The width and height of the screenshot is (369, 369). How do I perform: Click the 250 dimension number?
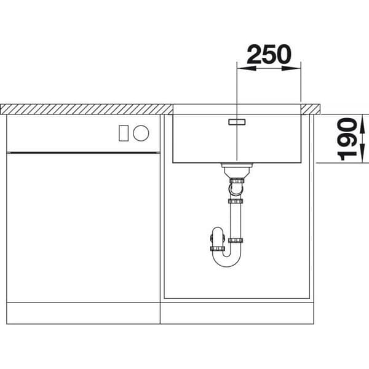[x=269, y=54]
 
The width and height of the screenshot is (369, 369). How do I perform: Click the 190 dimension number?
[x=347, y=140]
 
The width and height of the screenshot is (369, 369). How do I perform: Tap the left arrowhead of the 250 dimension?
[x=247, y=68]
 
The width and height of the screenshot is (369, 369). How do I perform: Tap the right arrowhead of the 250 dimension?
[x=292, y=68]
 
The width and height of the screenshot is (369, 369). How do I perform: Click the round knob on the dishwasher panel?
[x=141, y=133]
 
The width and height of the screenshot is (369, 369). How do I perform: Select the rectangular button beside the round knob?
[x=124, y=133]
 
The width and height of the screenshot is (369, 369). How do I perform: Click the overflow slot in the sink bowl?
[x=237, y=122]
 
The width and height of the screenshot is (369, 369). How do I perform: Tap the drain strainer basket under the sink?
[x=237, y=170]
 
